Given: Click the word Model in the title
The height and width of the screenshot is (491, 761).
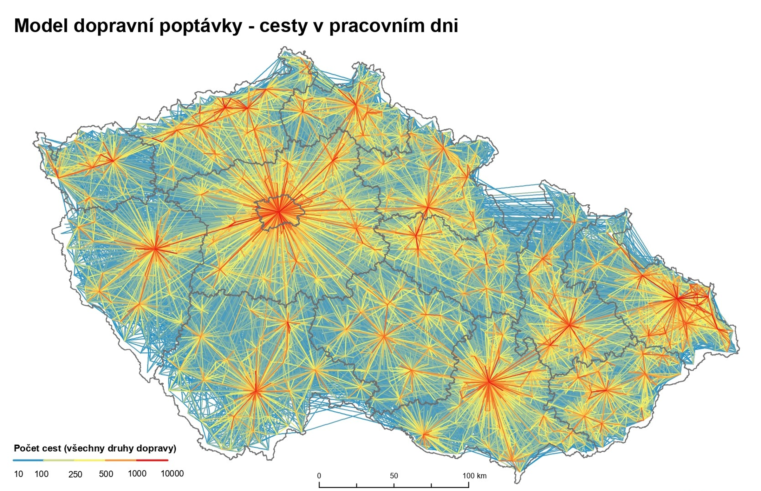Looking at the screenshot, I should click(41, 25).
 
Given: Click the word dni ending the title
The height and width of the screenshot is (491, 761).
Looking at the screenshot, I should click(444, 25).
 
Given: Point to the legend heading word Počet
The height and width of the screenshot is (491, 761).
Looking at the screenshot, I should click(26, 448).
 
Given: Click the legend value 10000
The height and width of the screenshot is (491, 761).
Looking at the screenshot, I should click(172, 474).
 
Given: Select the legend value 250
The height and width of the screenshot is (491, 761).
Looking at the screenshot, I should click(75, 474).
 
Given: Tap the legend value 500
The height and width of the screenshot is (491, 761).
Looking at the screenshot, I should click(106, 474).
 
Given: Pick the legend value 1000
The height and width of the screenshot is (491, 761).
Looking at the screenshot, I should click(137, 474).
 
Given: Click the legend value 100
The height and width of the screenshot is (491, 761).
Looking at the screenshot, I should click(42, 474).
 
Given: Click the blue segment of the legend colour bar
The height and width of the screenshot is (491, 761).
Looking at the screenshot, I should click(28, 460).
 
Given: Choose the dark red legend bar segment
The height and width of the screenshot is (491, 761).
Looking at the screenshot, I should click(152, 460).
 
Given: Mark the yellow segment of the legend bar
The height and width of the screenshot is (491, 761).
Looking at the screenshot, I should click(90, 460).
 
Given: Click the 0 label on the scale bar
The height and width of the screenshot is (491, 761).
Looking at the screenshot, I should click(319, 476).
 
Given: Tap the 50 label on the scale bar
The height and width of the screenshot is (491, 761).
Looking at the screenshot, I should click(394, 476).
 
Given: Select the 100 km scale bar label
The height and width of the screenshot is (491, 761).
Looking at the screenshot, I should click(474, 476).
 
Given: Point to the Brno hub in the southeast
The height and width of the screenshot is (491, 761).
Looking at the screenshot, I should click(489, 381).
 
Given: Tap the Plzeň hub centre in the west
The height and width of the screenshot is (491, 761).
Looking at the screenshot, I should click(155, 249).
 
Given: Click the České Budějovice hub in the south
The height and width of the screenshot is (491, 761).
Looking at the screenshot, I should click(256, 391).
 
